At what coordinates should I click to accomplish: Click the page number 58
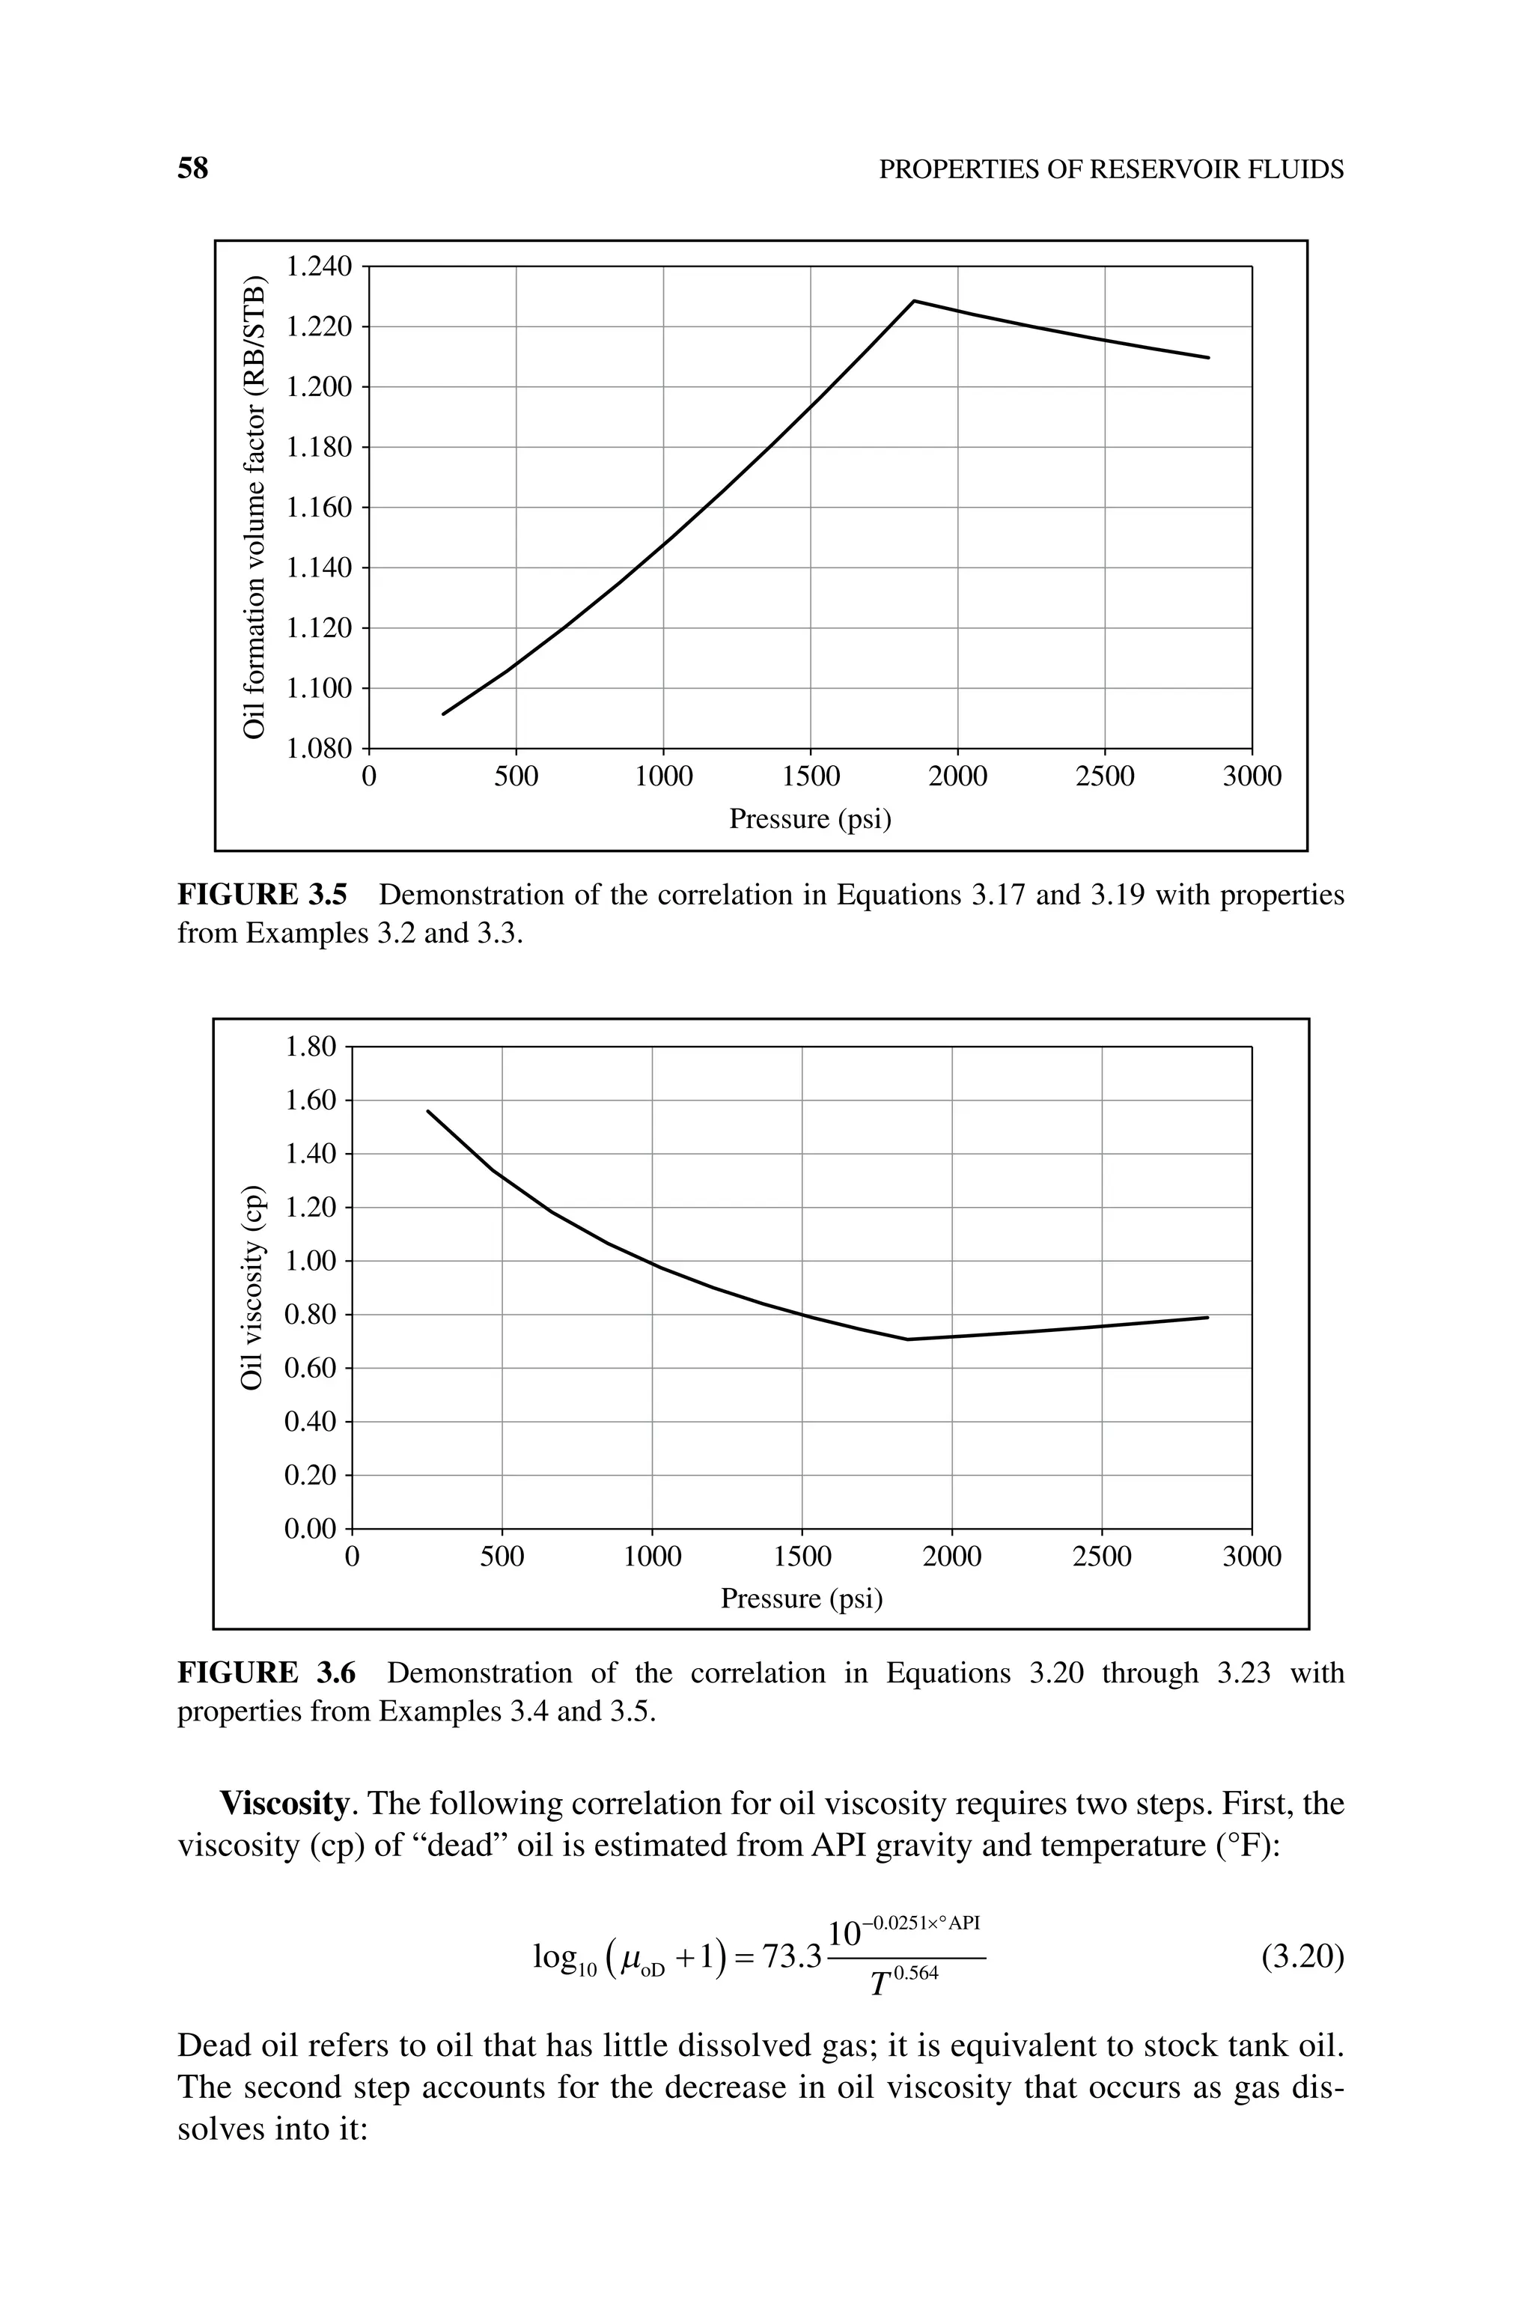point(192,169)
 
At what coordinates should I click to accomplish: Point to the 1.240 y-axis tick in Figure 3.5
point(317,266)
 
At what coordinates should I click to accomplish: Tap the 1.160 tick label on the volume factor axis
point(317,508)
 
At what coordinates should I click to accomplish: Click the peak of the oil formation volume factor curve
point(913,301)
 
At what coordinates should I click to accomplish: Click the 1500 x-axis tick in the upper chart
point(811,776)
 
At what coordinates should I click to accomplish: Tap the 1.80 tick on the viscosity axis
point(310,1047)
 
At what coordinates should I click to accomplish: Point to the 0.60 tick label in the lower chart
point(310,1368)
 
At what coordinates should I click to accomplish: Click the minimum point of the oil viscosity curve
point(907,1339)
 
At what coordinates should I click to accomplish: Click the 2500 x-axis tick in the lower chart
point(1102,1557)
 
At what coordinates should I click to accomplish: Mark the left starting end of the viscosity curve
point(428,1110)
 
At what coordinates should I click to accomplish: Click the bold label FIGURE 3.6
point(266,1673)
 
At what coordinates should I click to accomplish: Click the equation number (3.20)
point(1302,1957)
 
